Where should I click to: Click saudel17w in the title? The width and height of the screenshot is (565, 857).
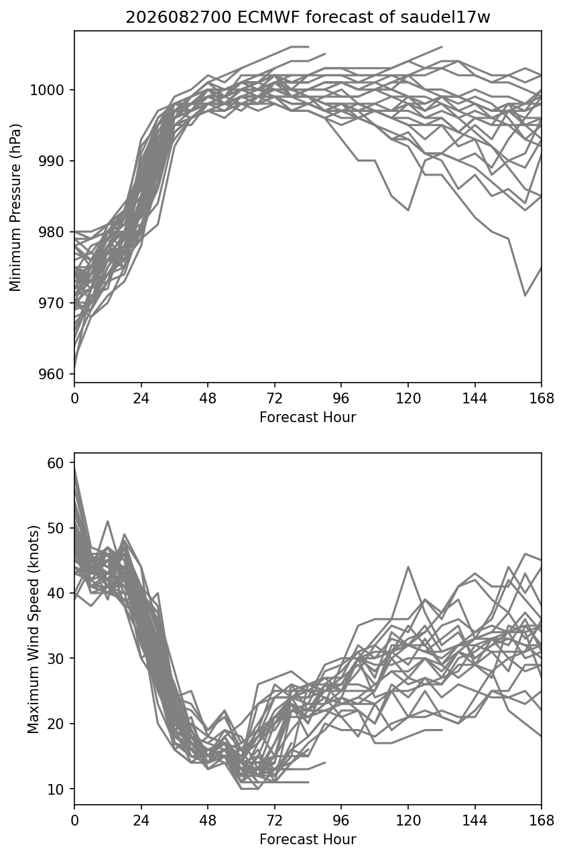click(x=445, y=17)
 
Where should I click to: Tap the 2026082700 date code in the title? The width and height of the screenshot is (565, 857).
click(x=178, y=17)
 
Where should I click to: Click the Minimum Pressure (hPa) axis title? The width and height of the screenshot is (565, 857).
click(x=15, y=207)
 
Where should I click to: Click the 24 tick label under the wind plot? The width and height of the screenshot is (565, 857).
click(x=141, y=821)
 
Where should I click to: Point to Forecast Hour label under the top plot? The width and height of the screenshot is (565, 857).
click(x=308, y=417)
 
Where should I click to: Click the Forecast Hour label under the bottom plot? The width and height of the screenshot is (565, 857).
click(x=308, y=840)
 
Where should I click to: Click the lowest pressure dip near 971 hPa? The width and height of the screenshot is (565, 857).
click(x=525, y=295)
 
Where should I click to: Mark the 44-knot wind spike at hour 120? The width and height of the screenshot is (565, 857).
click(x=408, y=567)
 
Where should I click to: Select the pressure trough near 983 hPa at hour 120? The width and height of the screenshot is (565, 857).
click(x=408, y=210)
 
